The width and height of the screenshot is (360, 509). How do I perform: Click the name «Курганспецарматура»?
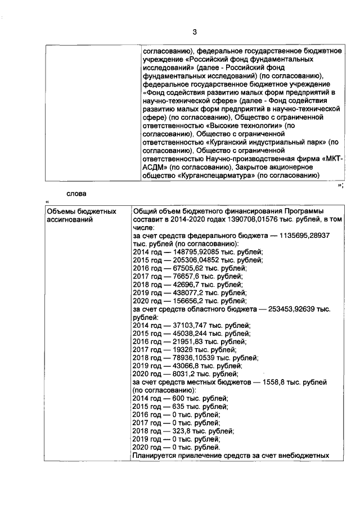pos(216,175)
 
